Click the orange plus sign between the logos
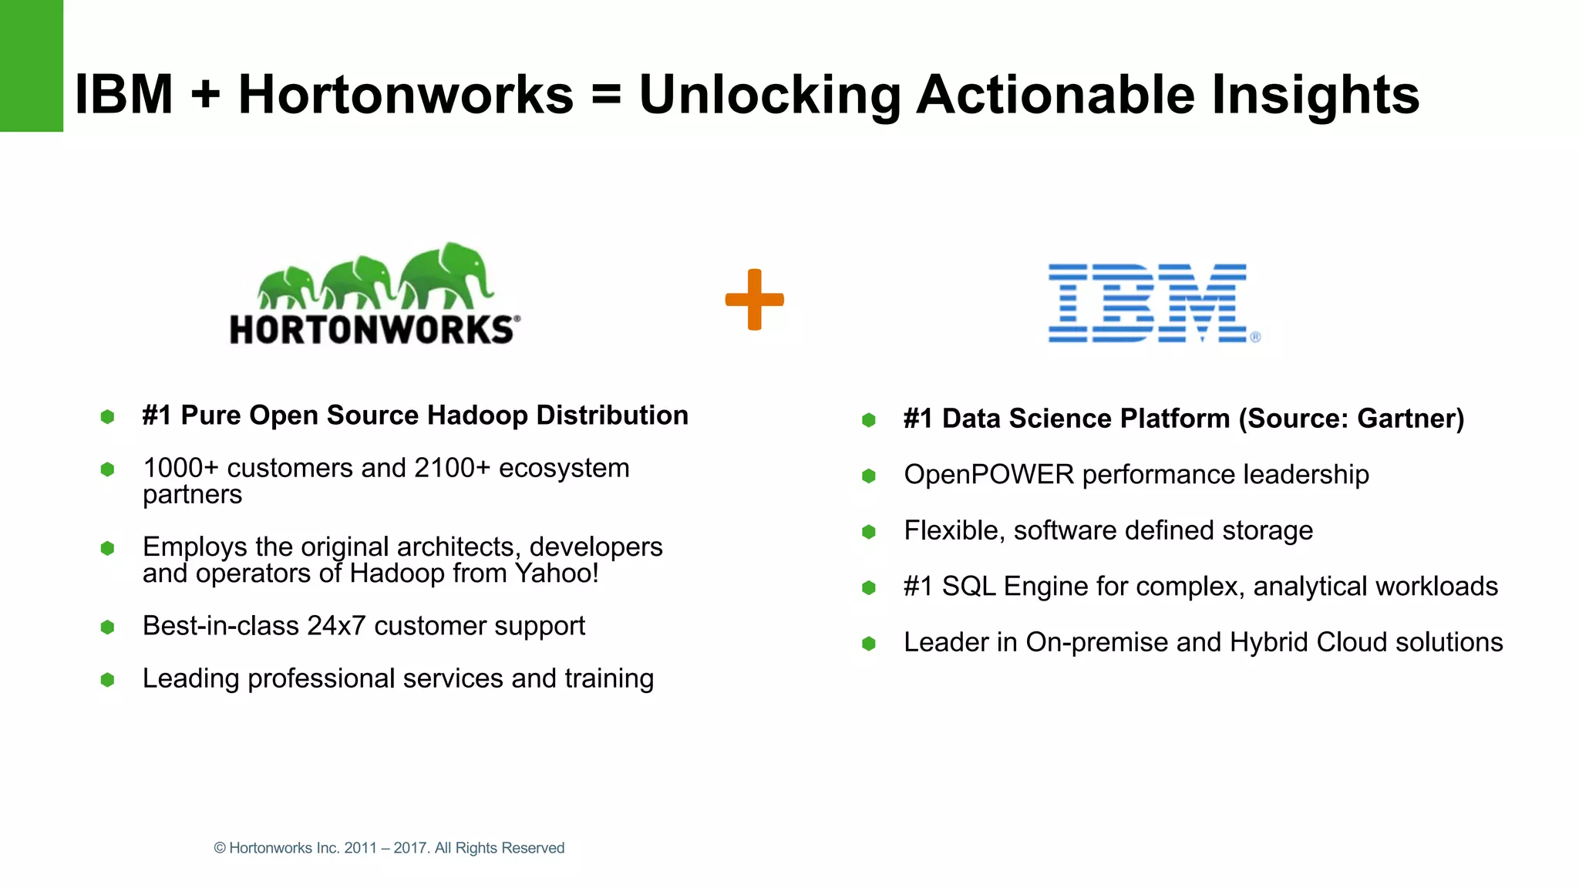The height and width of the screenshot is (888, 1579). coord(754,300)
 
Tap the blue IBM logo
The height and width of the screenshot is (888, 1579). coord(1148,303)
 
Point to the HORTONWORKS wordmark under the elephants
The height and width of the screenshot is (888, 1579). coord(372,330)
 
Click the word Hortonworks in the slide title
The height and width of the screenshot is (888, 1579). coord(406,95)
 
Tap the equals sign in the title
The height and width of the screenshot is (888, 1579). coord(606,95)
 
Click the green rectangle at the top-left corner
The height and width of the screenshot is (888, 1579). coord(31,66)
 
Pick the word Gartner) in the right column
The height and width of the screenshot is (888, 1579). coord(1410,419)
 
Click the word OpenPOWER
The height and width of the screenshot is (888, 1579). coord(988,475)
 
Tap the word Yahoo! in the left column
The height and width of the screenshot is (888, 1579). coord(557,573)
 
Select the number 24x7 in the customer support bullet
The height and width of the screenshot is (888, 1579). coord(336,626)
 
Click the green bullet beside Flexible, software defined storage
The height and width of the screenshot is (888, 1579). coord(869,532)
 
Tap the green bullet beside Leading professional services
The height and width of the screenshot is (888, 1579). coord(107,680)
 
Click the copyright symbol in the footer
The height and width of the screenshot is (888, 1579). coord(220,848)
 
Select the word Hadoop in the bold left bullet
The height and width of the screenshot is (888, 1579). coord(478,415)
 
